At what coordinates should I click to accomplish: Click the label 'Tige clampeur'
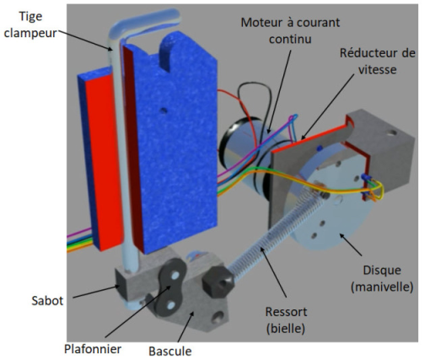tap(30, 24)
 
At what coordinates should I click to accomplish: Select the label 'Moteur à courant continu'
tap(290, 30)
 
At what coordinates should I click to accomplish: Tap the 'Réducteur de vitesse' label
tap(378, 61)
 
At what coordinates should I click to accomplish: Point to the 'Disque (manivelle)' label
tap(382, 278)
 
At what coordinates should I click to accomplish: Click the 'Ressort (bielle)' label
tap(286, 320)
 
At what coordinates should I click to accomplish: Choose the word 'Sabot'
tap(47, 301)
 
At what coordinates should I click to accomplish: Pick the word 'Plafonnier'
tap(93, 349)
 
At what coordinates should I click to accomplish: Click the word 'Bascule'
tap(170, 351)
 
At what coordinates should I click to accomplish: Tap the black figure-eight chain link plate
tap(170, 287)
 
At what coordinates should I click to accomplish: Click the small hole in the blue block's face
tap(163, 111)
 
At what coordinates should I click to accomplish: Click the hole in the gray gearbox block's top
tap(391, 132)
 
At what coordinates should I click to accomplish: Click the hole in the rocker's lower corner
tap(218, 318)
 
